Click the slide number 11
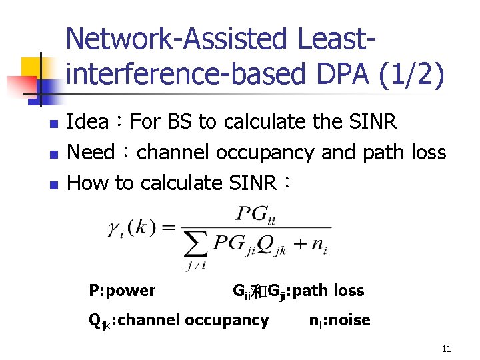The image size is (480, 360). click(x=446, y=349)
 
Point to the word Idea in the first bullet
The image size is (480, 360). click(x=88, y=122)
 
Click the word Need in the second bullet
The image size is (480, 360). click(x=92, y=152)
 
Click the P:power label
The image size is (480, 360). click(x=122, y=291)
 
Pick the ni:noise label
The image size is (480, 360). click(x=339, y=321)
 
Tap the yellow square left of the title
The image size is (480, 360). click(x=31, y=67)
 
